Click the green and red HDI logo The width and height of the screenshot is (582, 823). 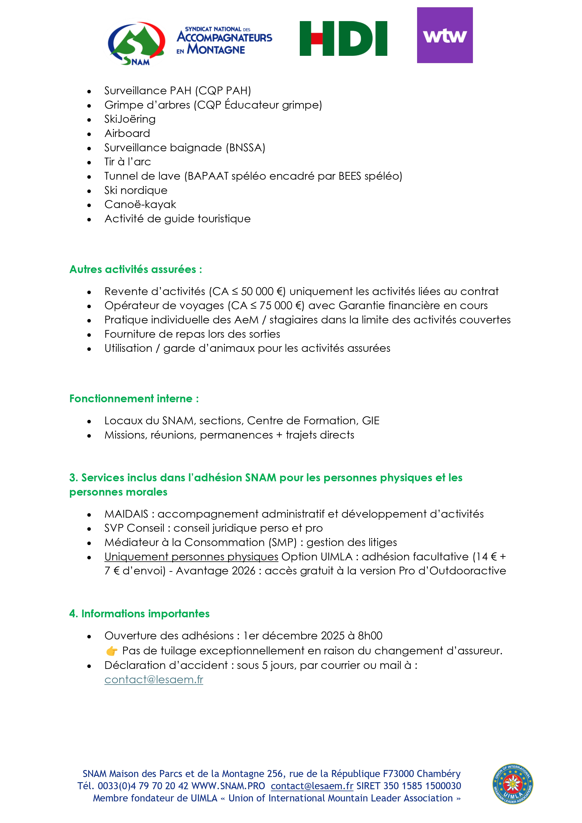(x=343, y=38)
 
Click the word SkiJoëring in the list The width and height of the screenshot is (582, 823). (x=130, y=119)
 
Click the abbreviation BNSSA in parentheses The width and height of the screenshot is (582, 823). (x=246, y=148)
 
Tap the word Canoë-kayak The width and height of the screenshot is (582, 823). (x=140, y=204)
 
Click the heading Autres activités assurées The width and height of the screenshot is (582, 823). (x=136, y=269)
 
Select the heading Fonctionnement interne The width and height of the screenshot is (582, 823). (x=134, y=398)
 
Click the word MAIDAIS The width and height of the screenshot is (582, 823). (x=126, y=514)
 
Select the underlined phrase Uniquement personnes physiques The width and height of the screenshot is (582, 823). (x=191, y=557)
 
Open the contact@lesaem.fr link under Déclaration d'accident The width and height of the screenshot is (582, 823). (x=154, y=680)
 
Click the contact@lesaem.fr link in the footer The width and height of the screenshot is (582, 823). (x=312, y=786)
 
